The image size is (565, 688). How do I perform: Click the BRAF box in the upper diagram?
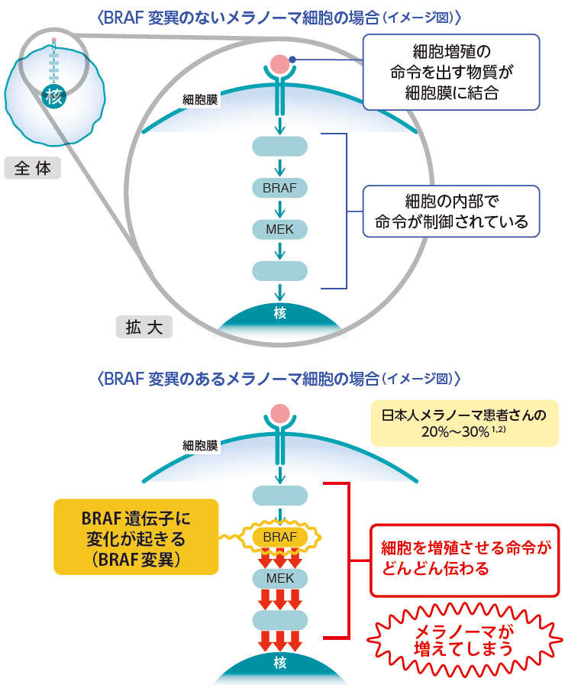(x=279, y=187)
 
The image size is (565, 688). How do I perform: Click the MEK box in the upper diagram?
(x=279, y=228)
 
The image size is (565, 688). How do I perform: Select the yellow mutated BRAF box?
(x=279, y=537)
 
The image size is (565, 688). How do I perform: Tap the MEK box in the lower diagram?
(x=279, y=578)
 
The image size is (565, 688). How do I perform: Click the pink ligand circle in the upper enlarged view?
(x=279, y=63)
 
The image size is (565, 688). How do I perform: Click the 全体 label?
(x=32, y=167)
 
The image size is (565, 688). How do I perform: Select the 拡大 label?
(x=144, y=327)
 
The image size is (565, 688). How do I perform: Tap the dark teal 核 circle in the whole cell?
(x=53, y=97)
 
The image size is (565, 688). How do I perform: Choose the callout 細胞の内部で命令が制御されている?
(x=441, y=212)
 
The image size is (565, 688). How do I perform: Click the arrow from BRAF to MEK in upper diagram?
(x=279, y=208)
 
